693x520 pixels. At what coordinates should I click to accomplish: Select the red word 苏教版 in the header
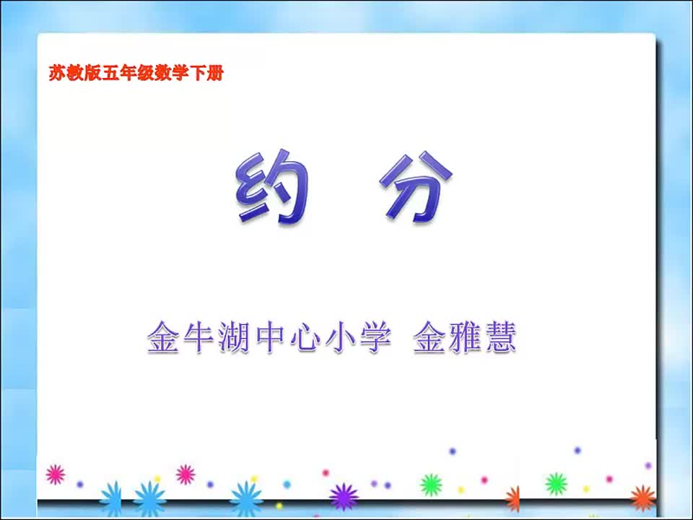[75, 73]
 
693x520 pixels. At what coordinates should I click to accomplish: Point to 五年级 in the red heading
[128, 73]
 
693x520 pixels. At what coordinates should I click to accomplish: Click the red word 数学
[172, 73]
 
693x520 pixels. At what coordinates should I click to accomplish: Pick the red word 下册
[206, 73]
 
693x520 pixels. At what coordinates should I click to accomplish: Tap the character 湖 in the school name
[234, 337]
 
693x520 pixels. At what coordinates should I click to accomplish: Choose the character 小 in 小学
[340, 337]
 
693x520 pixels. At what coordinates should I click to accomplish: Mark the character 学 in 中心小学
[375, 337]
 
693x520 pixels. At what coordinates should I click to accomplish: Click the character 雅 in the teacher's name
[465, 337]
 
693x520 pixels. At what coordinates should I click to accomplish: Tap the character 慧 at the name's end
[501, 337]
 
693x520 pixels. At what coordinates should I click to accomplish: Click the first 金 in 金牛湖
[162, 337]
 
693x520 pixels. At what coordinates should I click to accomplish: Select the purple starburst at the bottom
[344, 497]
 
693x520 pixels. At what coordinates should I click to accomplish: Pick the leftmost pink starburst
[56, 474]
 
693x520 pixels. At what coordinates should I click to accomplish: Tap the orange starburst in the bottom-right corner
[642, 497]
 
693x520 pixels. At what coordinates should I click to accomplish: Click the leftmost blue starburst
[111, 498]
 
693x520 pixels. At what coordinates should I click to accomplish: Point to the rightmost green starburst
[556, 483]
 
